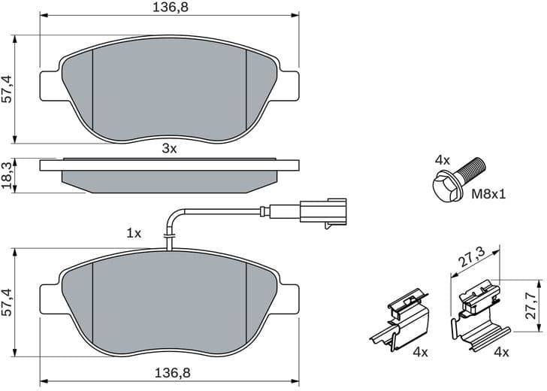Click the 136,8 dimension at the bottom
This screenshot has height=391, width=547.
[x=169, y=372]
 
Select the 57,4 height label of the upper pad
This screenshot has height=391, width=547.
[x=7, y=88]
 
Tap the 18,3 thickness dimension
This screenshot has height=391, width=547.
[x=7, y=176]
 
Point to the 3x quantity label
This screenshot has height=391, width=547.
[x=169, y=149]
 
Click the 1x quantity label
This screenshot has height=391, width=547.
[x=134, y=234]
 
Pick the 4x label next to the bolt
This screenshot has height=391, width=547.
[x=442, y=160]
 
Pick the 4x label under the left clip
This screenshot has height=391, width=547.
[x=420, y=352]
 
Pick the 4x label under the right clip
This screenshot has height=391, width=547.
[x=501, y=352]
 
